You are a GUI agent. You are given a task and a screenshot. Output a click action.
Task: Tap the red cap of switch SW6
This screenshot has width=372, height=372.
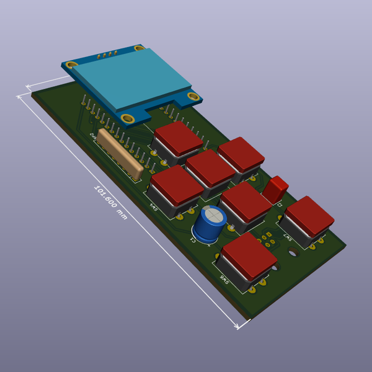click(x=249, y=254)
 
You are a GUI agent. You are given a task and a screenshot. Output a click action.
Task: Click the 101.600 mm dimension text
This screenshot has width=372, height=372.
click(x=110, y=202)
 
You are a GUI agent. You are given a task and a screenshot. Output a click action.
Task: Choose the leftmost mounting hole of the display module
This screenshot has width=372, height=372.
click(x=72, y=64)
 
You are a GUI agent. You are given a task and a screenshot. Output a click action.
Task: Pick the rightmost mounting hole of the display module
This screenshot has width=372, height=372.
click(x=193, y=97)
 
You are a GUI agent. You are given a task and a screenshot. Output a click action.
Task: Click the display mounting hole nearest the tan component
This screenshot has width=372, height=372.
click(x=128, y=118)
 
